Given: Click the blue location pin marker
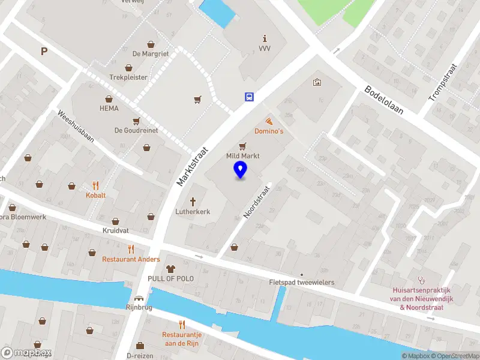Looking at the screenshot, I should coord(241,170).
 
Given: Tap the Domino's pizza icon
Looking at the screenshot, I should coord(268,121).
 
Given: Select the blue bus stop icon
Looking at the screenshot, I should coord(248,97).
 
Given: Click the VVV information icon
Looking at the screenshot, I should coord(264,38).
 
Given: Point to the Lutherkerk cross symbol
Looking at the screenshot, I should coord(193,202).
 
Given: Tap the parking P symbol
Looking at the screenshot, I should coord(44,52).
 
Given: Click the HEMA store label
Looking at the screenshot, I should coord(109,109).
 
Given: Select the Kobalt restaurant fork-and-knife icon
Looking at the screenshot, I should coord(95,185).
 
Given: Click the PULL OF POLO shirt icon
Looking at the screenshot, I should coord(170,269).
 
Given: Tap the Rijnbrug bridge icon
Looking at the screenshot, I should coord(140,298).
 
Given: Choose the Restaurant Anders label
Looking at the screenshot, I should coord(131,259).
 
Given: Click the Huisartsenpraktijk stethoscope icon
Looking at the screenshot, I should coord(422,280).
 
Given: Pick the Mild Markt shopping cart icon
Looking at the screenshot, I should coord(242,146).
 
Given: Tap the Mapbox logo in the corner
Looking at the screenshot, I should coord(26,353).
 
